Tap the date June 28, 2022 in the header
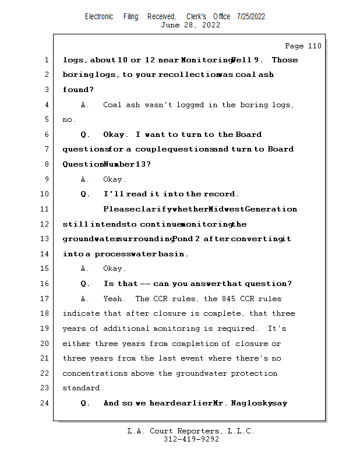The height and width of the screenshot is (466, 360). (x=190, y=25)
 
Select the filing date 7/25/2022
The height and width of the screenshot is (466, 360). (x=251, y=16)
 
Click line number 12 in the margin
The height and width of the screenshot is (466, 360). (x=45, y=224)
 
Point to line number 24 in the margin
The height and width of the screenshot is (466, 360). (x=45, y=403)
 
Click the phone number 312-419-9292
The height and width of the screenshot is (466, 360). (x=191, y=439)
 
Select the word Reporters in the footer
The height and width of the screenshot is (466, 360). (x=197, y=431)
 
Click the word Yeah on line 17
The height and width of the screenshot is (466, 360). (x=113, y=299)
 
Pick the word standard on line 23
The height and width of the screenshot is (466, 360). (x=82, y=388)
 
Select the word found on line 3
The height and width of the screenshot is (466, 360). (x=76, y=90)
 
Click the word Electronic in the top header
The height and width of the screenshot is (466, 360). (x=99, y=16)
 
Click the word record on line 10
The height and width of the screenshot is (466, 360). (x=220, y=194)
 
